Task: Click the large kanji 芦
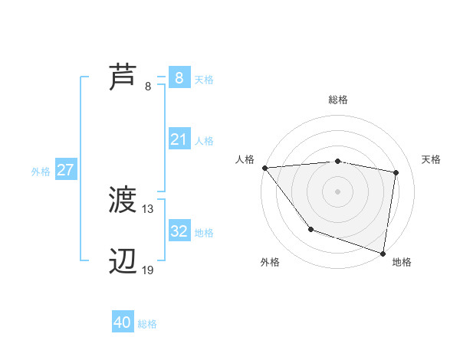click(123, 77)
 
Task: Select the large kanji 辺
click(123, 262)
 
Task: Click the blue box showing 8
click(179, 77)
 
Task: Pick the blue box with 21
click(179, 139)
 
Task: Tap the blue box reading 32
click(179, 231)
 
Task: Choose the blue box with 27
click(65, 170)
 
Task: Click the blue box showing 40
click(123, 322)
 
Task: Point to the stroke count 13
click(148, 208)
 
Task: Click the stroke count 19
click(148, 270)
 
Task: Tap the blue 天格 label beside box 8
click(204, 79)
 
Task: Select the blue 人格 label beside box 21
click(204, 141)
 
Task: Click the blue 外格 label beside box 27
click(41, 172)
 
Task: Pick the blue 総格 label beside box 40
click(147, 324)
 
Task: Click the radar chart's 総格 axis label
click(338, 100)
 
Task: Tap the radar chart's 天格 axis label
click(432, 159)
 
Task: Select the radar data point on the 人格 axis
click(264, 168)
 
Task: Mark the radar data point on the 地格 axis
click(383, 252)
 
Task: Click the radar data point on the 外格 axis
click(310, 229)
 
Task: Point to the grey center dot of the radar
click(338, 191)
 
